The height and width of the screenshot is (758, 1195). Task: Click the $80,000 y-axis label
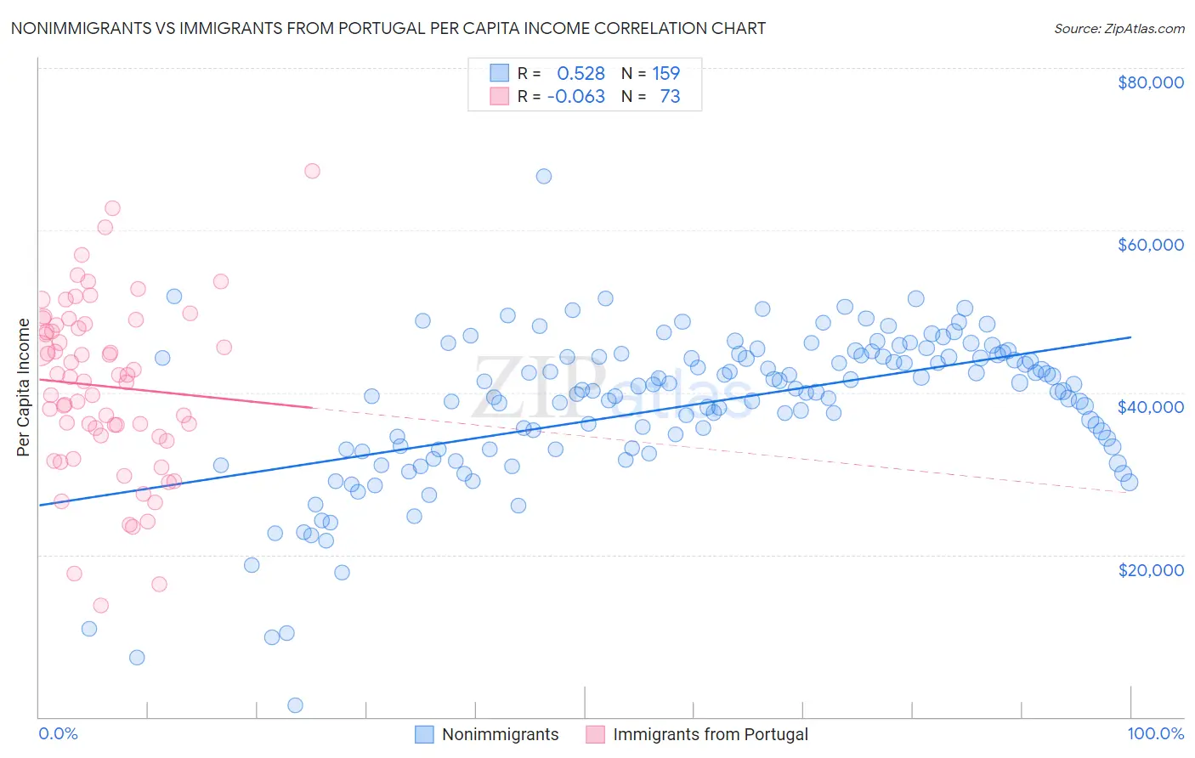(x=1150, y=82)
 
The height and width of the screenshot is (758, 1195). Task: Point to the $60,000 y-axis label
(x=1150, y=245)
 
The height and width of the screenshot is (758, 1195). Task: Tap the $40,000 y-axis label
(x=1150, y=407)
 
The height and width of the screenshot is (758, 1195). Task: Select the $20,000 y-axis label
(x=1150, y=569)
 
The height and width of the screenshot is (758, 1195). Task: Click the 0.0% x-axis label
(x=58, y=733)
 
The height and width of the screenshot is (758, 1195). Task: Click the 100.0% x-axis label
(x=1155, y=733)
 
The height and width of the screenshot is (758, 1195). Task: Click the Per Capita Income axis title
(x=23, y=387)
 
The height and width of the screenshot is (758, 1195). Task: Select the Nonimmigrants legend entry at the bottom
(x=500, y=734)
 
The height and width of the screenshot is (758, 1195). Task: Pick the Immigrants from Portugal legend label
(x=710, y=734)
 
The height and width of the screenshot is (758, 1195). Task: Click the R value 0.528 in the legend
(x=581, y=73)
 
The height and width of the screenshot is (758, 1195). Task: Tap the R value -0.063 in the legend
(x=576, y=97)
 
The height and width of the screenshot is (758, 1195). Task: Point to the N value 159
(x=665, y=73)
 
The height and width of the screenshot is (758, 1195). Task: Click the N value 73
(x=670, y=97)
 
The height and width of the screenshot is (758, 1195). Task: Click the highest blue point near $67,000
(x=544, y=176)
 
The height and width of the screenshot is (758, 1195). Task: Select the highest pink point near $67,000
(x=312, y=171)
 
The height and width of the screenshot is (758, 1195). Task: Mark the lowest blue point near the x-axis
(x=296, y=705)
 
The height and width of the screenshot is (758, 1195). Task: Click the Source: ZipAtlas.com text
(x=1119, y=28)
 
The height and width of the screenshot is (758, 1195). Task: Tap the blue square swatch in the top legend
(x=499, y=73)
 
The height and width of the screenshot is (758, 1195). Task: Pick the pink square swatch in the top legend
(x=499, y=97)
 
